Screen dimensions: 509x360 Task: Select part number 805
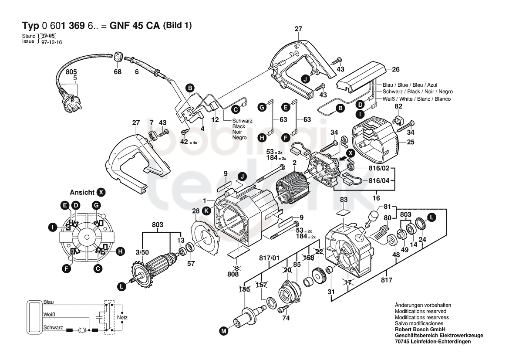pos(71,72)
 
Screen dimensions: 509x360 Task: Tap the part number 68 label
pos(118,71)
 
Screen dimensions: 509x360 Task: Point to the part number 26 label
pos(396,69)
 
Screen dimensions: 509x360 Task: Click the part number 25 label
pos(411,142)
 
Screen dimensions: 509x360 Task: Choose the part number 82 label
pos(398,106)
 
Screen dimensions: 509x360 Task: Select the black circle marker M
pos(224,331)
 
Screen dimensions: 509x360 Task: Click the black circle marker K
pos(206,211)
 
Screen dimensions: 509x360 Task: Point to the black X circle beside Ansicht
pos(101,192)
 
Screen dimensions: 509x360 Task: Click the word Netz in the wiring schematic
pos(122,317)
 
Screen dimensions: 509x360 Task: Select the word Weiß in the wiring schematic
pos(49,315)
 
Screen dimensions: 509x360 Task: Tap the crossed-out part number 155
pos(244,289)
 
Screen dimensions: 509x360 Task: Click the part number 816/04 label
pos(379,180)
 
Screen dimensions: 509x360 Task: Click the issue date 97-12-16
pos(52,42)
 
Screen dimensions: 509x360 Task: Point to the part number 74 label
pos(286,318)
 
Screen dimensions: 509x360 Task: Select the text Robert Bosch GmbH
pos(420,329)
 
